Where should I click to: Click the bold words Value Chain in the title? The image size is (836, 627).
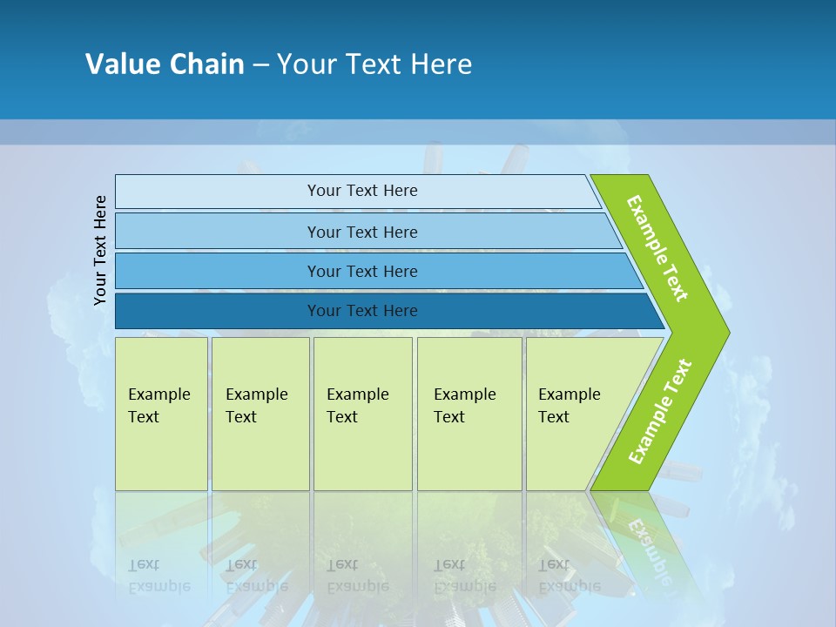coord(165,64)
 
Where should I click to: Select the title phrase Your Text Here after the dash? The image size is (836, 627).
coord(374,64)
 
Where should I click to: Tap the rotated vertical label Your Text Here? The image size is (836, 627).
coord(100,250)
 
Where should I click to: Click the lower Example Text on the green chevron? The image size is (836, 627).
coord(660,412)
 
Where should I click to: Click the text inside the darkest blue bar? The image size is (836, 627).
coord(362,311)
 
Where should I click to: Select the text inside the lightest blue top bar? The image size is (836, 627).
coord(362,191)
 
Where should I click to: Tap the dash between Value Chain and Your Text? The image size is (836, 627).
coord(260,65)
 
